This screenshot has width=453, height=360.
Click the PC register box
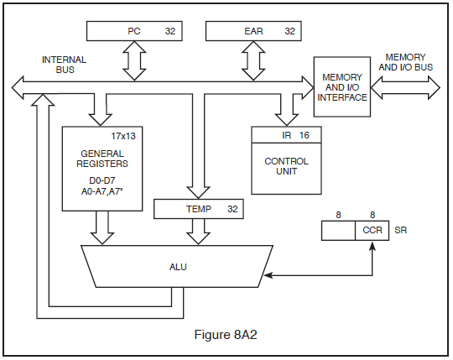[x=134, y=31]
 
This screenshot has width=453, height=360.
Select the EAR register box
[x=253, y=31]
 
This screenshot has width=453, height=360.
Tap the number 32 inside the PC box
[x=170, y=31]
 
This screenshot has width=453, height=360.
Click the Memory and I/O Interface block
[x=342, y=86]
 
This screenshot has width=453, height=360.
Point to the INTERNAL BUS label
[x=64, y=65]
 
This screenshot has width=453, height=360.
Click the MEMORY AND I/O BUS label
[x=406, y=62]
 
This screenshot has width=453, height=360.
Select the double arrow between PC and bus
[x=134, y=60]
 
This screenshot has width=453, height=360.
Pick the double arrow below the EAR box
[x=253, y=60]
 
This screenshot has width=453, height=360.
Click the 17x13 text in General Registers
[x=123, y=136]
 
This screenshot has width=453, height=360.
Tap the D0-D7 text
[x=102, y=180]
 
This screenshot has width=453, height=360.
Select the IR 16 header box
[x=286, y=134]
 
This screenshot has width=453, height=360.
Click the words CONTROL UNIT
[x=286, y=166]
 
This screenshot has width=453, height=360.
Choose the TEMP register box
[x=199, y=209]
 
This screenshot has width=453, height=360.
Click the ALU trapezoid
[x=177, y=266]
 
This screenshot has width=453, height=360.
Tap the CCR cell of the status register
[x=372, y=230]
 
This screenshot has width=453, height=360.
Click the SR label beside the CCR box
[x=401, y=230]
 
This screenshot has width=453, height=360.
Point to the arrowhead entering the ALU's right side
[x=268, y=275]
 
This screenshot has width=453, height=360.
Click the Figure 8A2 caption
[x=226, y=335]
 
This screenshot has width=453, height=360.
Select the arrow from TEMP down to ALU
[x=199, y=232]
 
